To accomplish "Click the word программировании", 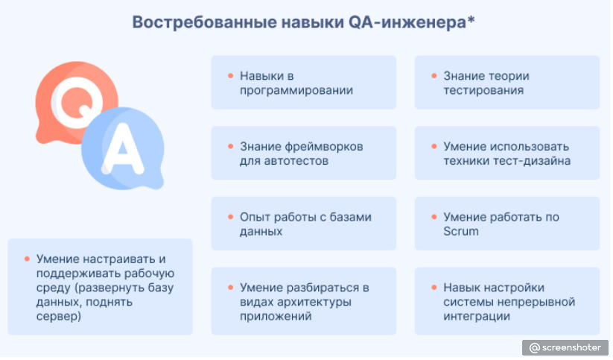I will pyautogui.click(x=296, y=90).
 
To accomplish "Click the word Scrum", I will pyautogui.click(x=460, y=231).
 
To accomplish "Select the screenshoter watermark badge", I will pyautogui.click(x=565, y=347).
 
